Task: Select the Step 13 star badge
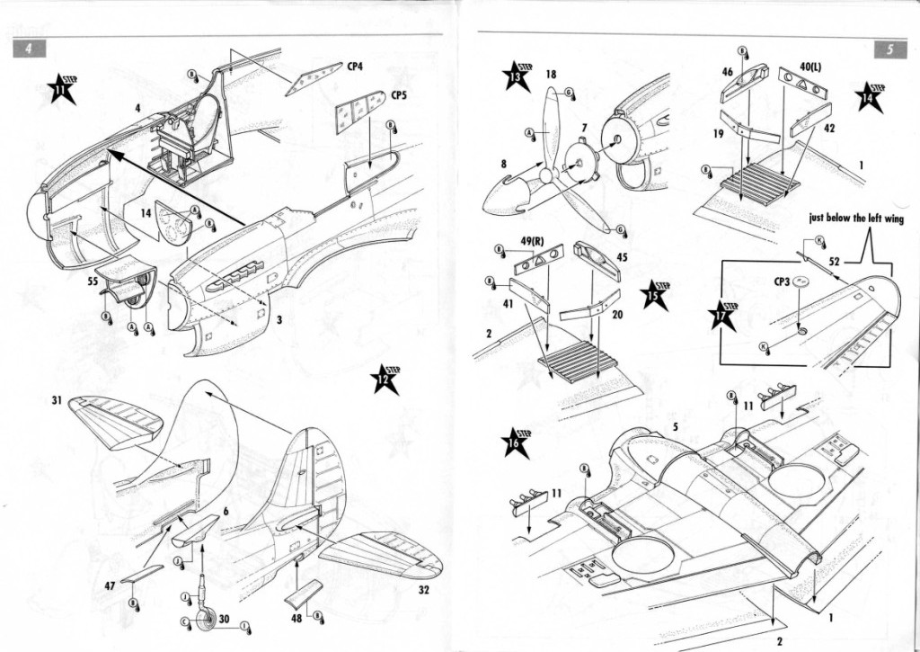[517, 76]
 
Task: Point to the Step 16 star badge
[516, 442]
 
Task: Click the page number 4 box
[30, 49]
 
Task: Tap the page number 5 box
[887, 49]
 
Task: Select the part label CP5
[400, 94]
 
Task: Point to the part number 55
[93, 281]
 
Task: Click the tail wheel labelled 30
[209, 620]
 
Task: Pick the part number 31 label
[56, 400]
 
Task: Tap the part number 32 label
[423, 591]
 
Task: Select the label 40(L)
[810, 67]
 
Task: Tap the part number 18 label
[550, 74]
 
